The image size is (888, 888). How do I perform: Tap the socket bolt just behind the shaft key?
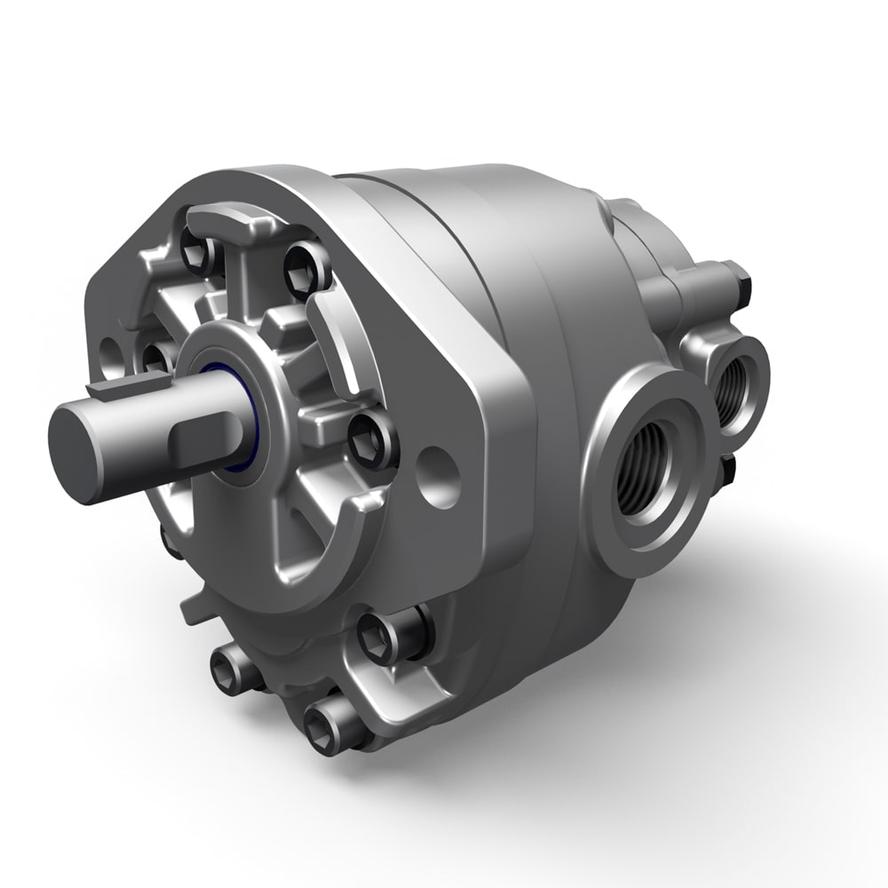coord(158,358)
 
